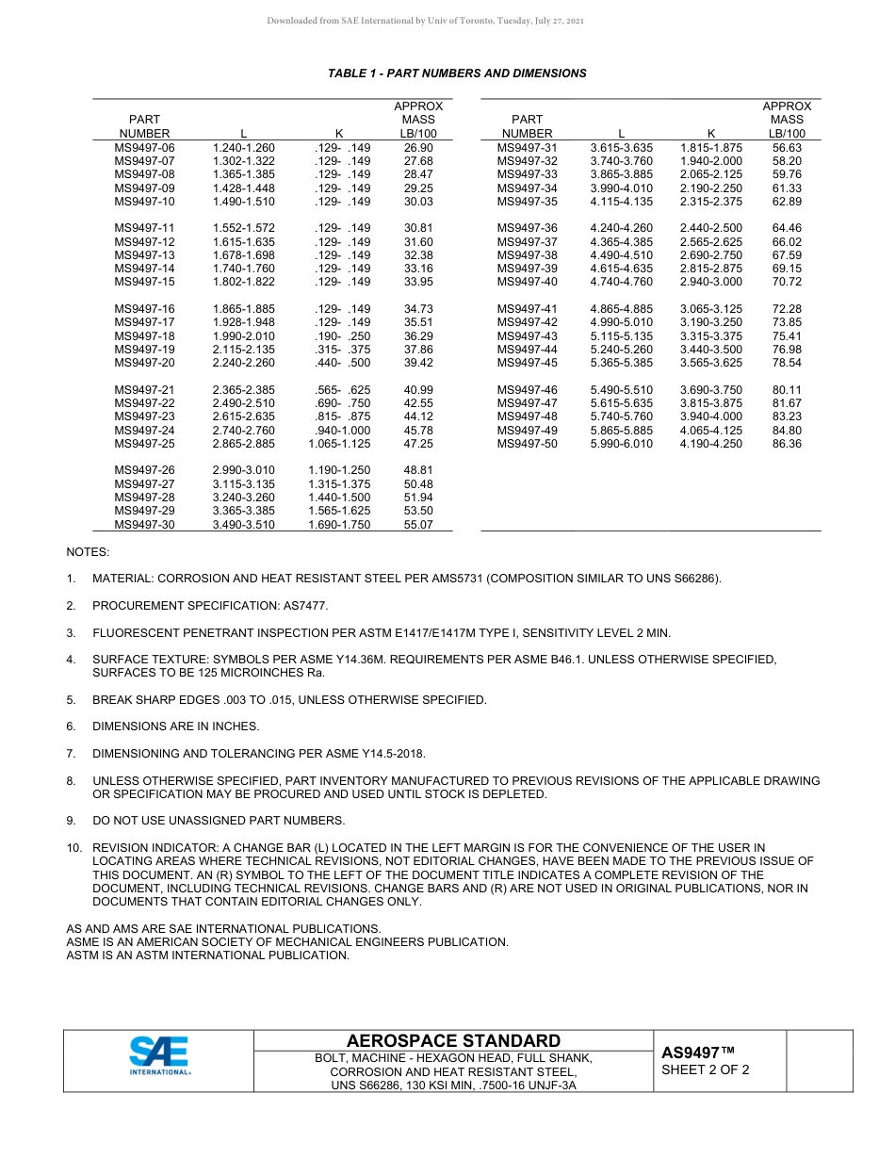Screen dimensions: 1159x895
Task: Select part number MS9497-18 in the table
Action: [144, 336]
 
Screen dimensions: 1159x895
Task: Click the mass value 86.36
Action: [787, 444]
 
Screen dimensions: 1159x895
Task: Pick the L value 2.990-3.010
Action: [244, 470]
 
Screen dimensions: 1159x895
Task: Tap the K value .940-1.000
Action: [342, 431]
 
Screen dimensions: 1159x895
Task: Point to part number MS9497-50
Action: [527, 444]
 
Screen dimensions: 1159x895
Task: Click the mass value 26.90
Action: [418, 148]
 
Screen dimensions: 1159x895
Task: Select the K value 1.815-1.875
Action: [711, 148]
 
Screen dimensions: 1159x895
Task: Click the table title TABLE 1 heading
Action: [457, 73]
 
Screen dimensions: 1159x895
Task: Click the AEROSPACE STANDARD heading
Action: [453, 1040]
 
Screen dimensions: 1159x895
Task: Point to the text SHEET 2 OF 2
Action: [706, 1069]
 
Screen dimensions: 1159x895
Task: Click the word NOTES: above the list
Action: [88, 551]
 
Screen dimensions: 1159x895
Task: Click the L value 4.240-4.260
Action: [621, 228]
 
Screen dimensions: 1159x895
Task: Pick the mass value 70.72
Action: [787, 282]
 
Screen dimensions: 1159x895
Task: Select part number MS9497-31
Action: [527, 148]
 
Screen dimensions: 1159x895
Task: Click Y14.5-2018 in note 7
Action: [393, 754]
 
